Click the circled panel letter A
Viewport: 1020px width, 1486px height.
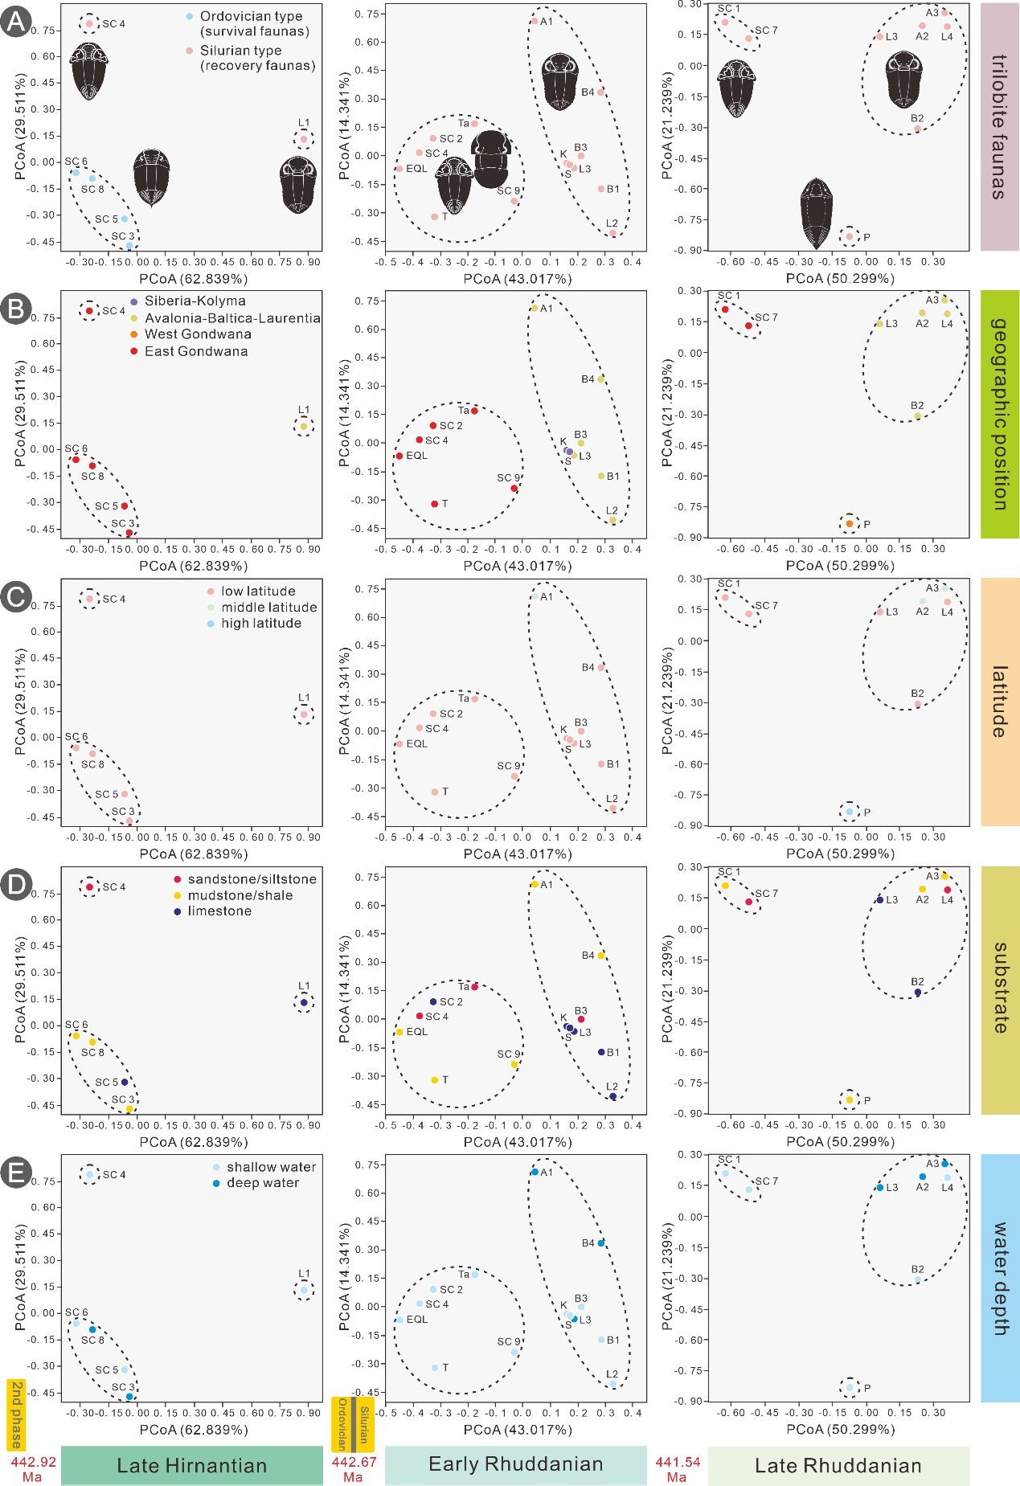click(x=15, y=23)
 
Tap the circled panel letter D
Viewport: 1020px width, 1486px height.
click(x=15, y=886)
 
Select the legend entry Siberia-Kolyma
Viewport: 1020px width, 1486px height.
click(x=195, y=301)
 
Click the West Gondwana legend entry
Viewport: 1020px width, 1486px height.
click(x=198, y=334)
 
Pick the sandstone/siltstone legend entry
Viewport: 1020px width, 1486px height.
click(x=252, y=879)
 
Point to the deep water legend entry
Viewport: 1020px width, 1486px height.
click(x=262, y=1183)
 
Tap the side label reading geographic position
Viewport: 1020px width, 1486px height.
click(x=999, y=413)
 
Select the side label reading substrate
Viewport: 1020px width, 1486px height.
click(x=999, y=988)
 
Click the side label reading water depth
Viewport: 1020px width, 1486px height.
click(x=999, y=1279)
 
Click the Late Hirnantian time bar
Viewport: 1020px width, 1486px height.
click(x=191, y=1465)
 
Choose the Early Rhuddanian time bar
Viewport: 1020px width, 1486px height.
click(x=515, y=1464)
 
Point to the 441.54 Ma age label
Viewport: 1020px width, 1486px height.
click(x=677, y=1468)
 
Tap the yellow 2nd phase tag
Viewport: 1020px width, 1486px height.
click(x=16, y=1414)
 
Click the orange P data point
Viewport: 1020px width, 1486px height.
click(x=850, y=524)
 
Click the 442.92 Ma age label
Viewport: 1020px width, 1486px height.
click(x=32, y=1468)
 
